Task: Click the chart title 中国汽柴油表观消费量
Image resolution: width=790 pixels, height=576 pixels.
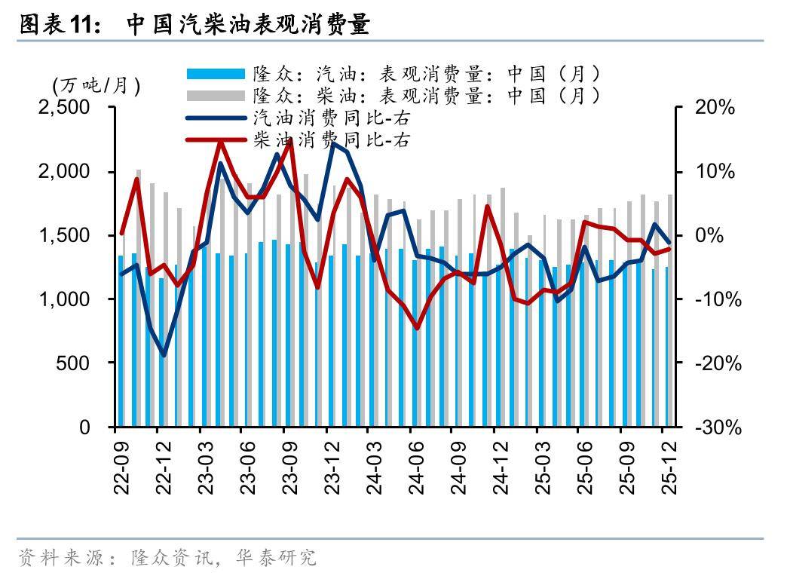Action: pos(248,26)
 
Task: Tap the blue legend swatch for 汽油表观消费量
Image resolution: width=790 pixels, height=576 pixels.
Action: pos(216,74)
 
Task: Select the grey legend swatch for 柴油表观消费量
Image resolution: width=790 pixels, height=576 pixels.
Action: pos(216,96)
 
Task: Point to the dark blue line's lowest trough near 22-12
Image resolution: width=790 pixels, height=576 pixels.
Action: pos(164,354)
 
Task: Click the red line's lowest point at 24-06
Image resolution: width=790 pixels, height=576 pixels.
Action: pos(416,328)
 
